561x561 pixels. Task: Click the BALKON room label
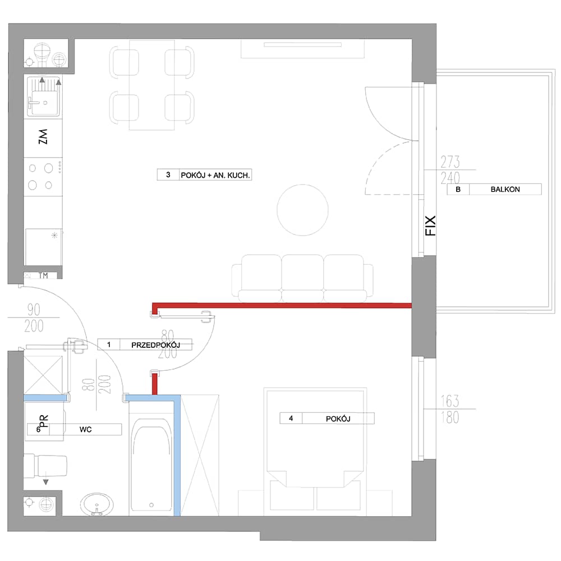coord(505,189)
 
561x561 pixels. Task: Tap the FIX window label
coord(430,226)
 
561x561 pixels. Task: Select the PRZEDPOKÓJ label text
coord(155,345)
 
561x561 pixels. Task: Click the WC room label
coord(85,429)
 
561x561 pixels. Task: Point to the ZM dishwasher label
coord(43,137)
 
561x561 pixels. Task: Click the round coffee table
coord(303,210)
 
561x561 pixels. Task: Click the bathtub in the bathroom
coord(151,464)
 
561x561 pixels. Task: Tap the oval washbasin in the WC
coord(96,504)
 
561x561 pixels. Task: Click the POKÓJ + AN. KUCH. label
coord(215,175)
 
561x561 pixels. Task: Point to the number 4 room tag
coord(291,419)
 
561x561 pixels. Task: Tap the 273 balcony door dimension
coord(450,162)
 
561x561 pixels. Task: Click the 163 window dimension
coord(450,401)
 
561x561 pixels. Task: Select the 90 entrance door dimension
coord(34,310)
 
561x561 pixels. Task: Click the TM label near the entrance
coord(43,275)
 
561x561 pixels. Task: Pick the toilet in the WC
coord(45,466)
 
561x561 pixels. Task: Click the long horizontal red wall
coord(282,305)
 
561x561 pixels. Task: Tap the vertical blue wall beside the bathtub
coord(177,455)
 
